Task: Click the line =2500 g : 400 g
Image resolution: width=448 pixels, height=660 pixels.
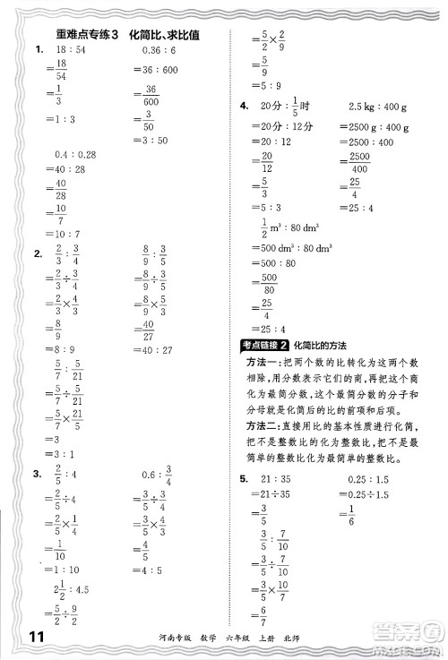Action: pos(374,127)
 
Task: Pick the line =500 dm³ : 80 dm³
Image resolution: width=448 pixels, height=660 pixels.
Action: pos(290,247)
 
